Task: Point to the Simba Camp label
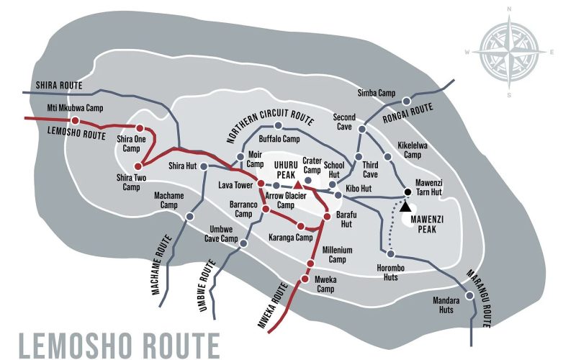point(377,93)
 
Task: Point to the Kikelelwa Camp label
point(413,150)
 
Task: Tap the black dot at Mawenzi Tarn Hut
point(407,192)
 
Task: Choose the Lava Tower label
point(235,185)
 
